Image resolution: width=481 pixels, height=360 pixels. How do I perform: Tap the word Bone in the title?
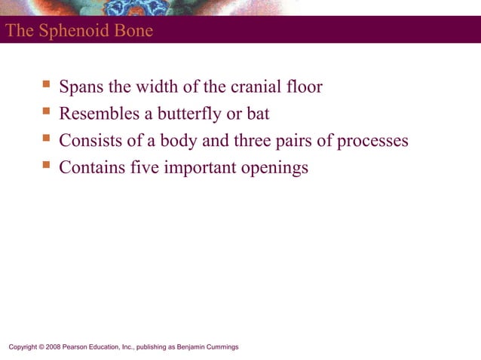click(134, 31)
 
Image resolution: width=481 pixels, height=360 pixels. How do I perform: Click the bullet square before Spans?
click(46, 85)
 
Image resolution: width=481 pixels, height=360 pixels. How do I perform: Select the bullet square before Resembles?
click(46, 112)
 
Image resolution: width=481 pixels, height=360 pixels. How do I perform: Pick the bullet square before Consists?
click(46, 139)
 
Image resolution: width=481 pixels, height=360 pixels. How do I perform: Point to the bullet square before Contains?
click(46, 165)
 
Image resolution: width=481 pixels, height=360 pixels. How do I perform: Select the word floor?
click(304, 87)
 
